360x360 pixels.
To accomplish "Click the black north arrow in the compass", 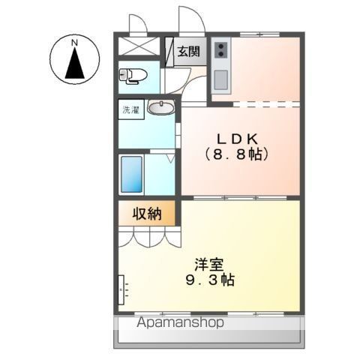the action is (x=74, y=64).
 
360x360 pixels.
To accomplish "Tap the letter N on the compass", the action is (x=74, y=43).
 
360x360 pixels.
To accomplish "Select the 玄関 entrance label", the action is (x=189, y=52).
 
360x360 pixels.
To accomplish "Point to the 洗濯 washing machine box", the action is (x=131, y=109).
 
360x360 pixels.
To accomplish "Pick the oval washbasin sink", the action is (x=161, y=107).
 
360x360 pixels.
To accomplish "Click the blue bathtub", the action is (x=131, y=174).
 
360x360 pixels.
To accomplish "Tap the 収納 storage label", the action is (x=147, y=214).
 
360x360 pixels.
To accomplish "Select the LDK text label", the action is (x=237, y=139).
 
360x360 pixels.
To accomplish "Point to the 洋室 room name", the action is (x=209, y=265).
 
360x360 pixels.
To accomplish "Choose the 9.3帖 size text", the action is (x=210, y=280).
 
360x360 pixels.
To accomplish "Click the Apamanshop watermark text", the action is (x=180, y=322).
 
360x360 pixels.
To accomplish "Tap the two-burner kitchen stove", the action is (x=221, y=50).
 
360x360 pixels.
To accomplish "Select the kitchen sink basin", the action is (x=220, y=79).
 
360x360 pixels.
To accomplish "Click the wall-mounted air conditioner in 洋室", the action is (x=121, y=289).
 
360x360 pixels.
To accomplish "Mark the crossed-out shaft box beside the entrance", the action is (x=139, y=46).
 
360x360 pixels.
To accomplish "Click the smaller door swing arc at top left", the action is (x=138, y=23).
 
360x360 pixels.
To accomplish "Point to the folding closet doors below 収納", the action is (x=149, y=237).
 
